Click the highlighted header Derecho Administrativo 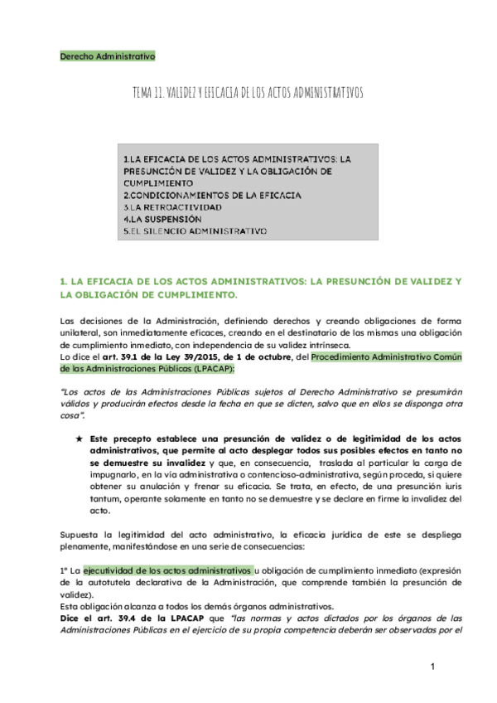tap(108, 56)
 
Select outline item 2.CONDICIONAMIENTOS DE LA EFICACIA tap(212, 196)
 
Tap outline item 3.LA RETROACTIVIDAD tap(172, 207)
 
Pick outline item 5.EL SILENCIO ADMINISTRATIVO tap(195, 230)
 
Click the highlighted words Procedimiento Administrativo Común tap(388, 357)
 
